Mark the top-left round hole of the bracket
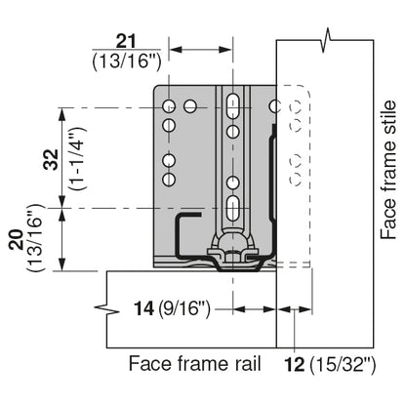[170, 104]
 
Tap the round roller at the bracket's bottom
[233, 250]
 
